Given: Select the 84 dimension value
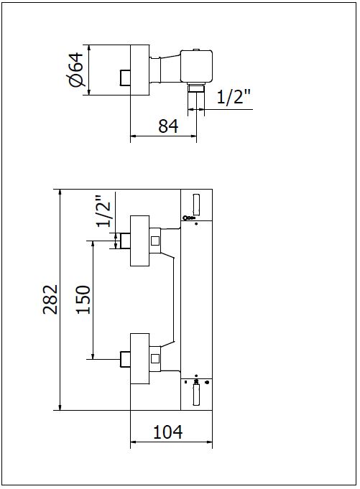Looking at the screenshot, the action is coord(168,126).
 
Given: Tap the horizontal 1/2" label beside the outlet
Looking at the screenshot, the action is coord(234,97).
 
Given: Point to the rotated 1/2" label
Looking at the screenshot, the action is coord(103,211).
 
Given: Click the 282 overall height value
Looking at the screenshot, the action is coord(50,299).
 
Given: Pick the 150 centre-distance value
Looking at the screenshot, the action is coord(83,299).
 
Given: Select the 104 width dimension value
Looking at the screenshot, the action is coord(168,432).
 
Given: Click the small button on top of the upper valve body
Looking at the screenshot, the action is coord(197,50).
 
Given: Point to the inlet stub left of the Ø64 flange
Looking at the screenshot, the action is coord(125,78).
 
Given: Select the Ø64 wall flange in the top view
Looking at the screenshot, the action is coord(140,70).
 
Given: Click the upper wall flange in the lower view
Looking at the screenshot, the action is coord(139,241).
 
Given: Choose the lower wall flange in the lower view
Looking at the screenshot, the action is coord(139,358).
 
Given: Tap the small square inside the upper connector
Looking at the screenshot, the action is coord(155,241).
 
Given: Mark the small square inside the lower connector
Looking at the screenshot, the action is coord(155,358).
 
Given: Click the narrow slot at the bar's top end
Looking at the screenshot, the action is coord(196,204).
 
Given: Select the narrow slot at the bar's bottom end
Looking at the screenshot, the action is coord(196,394).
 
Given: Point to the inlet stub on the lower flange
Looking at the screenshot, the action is coord(126,358).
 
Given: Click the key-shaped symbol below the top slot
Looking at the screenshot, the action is coord(189,218).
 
